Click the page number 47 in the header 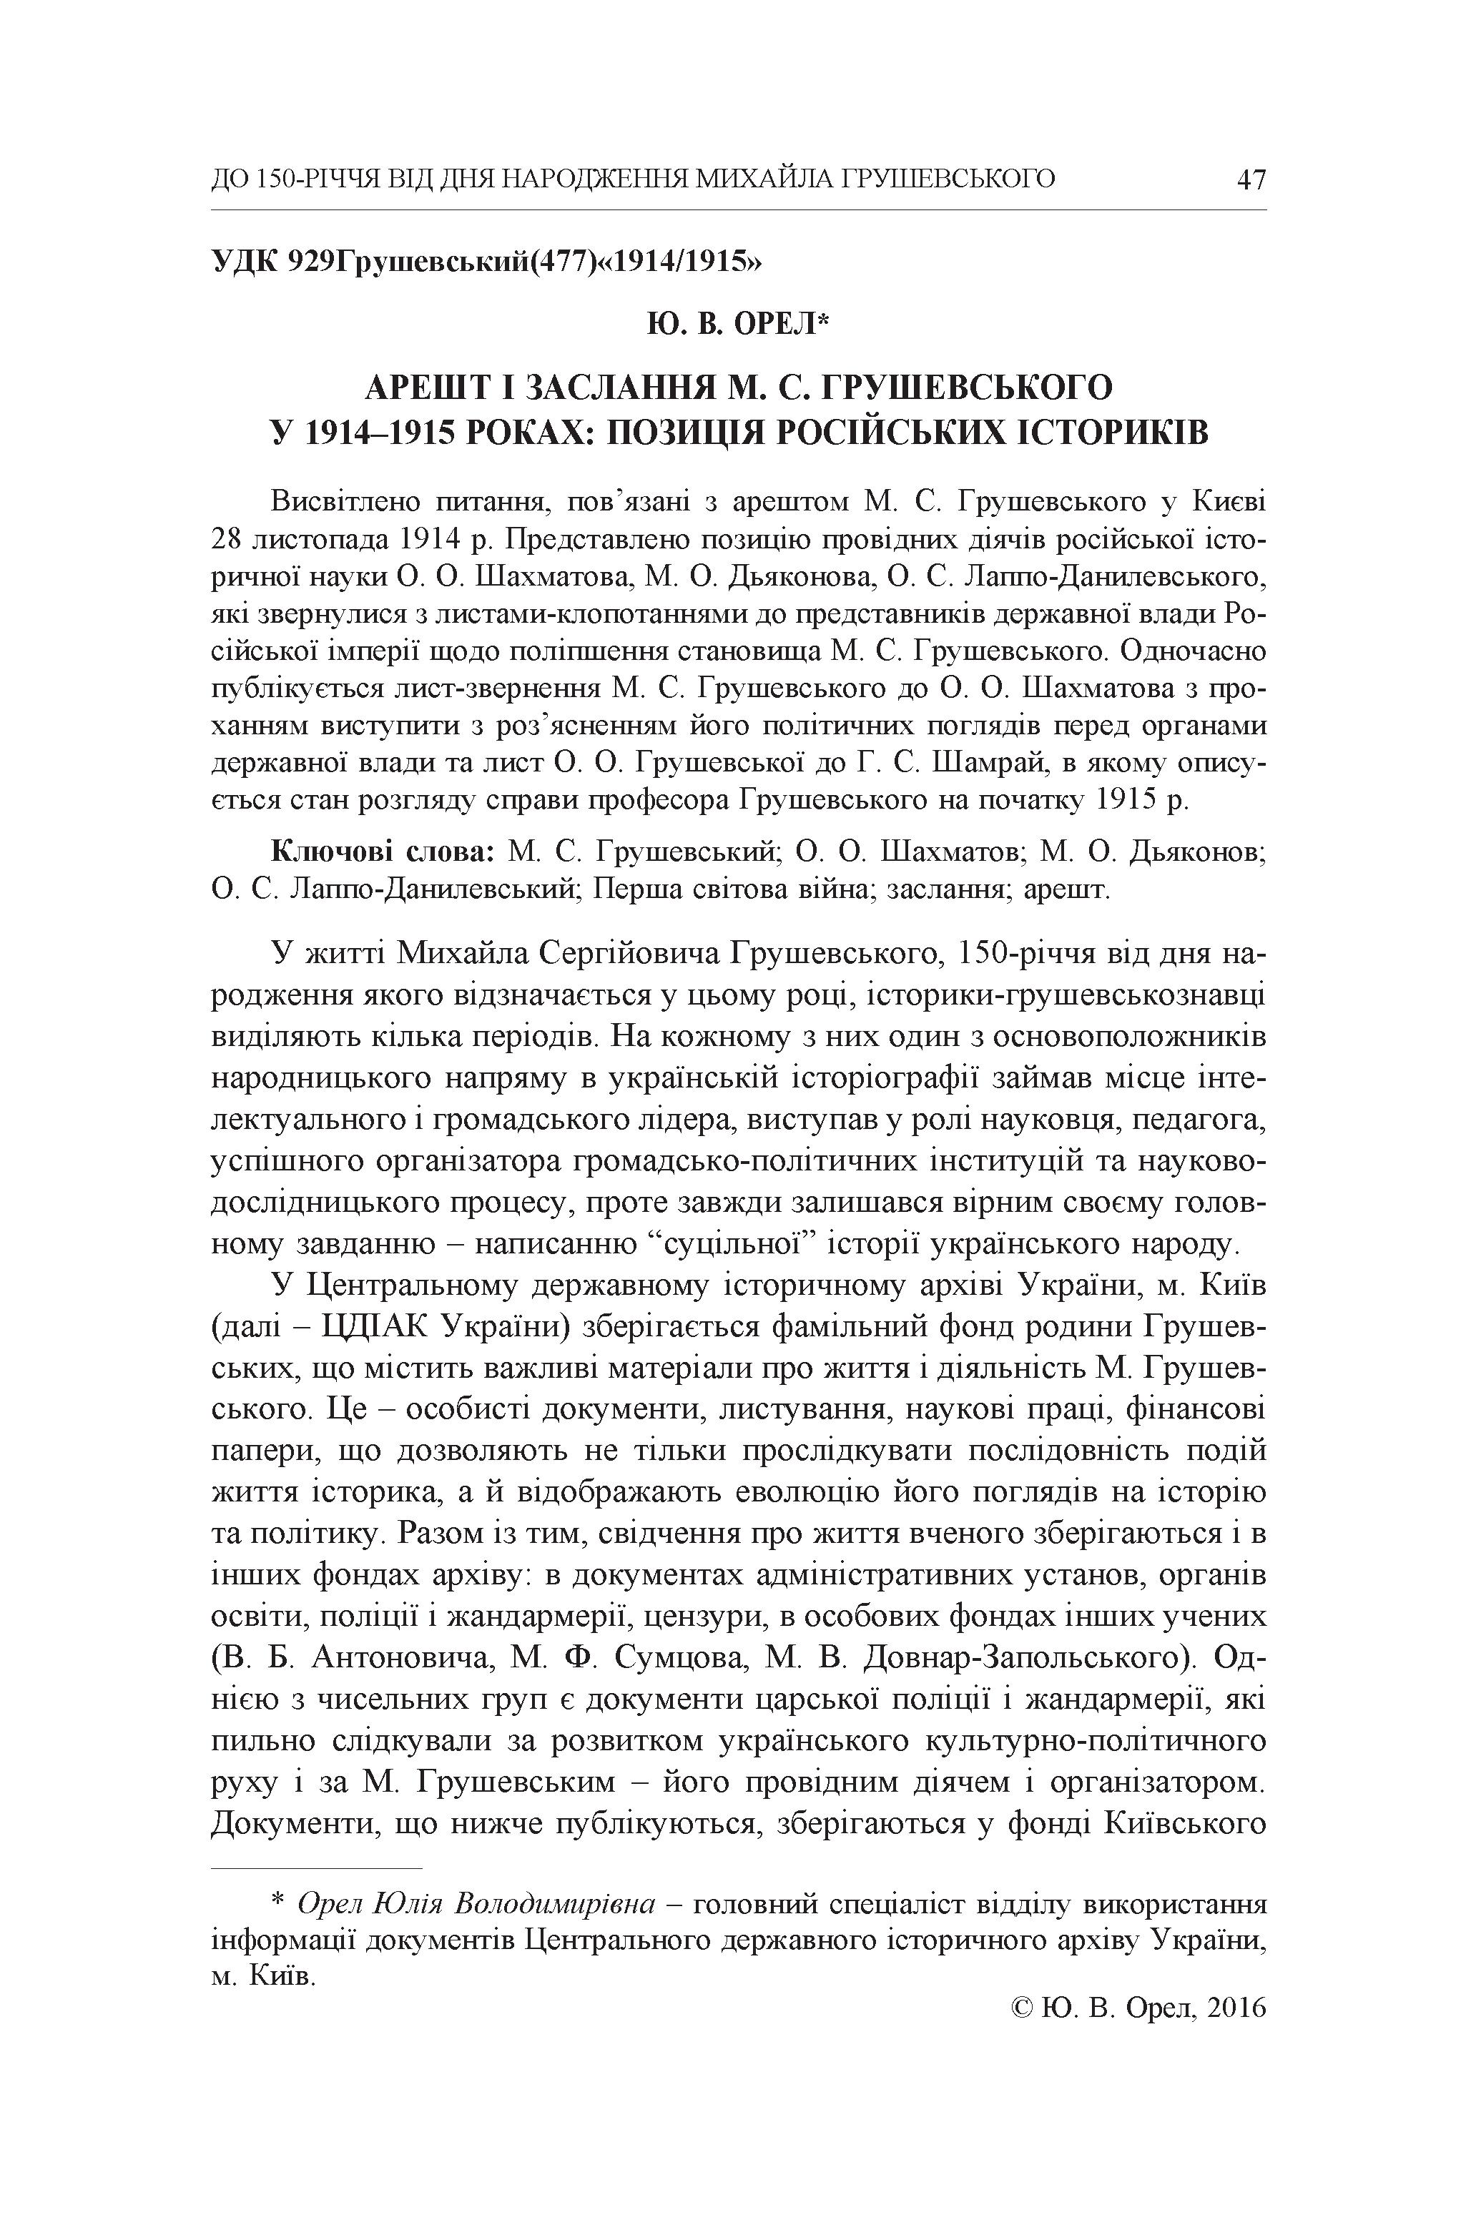tap(1250, 179)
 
